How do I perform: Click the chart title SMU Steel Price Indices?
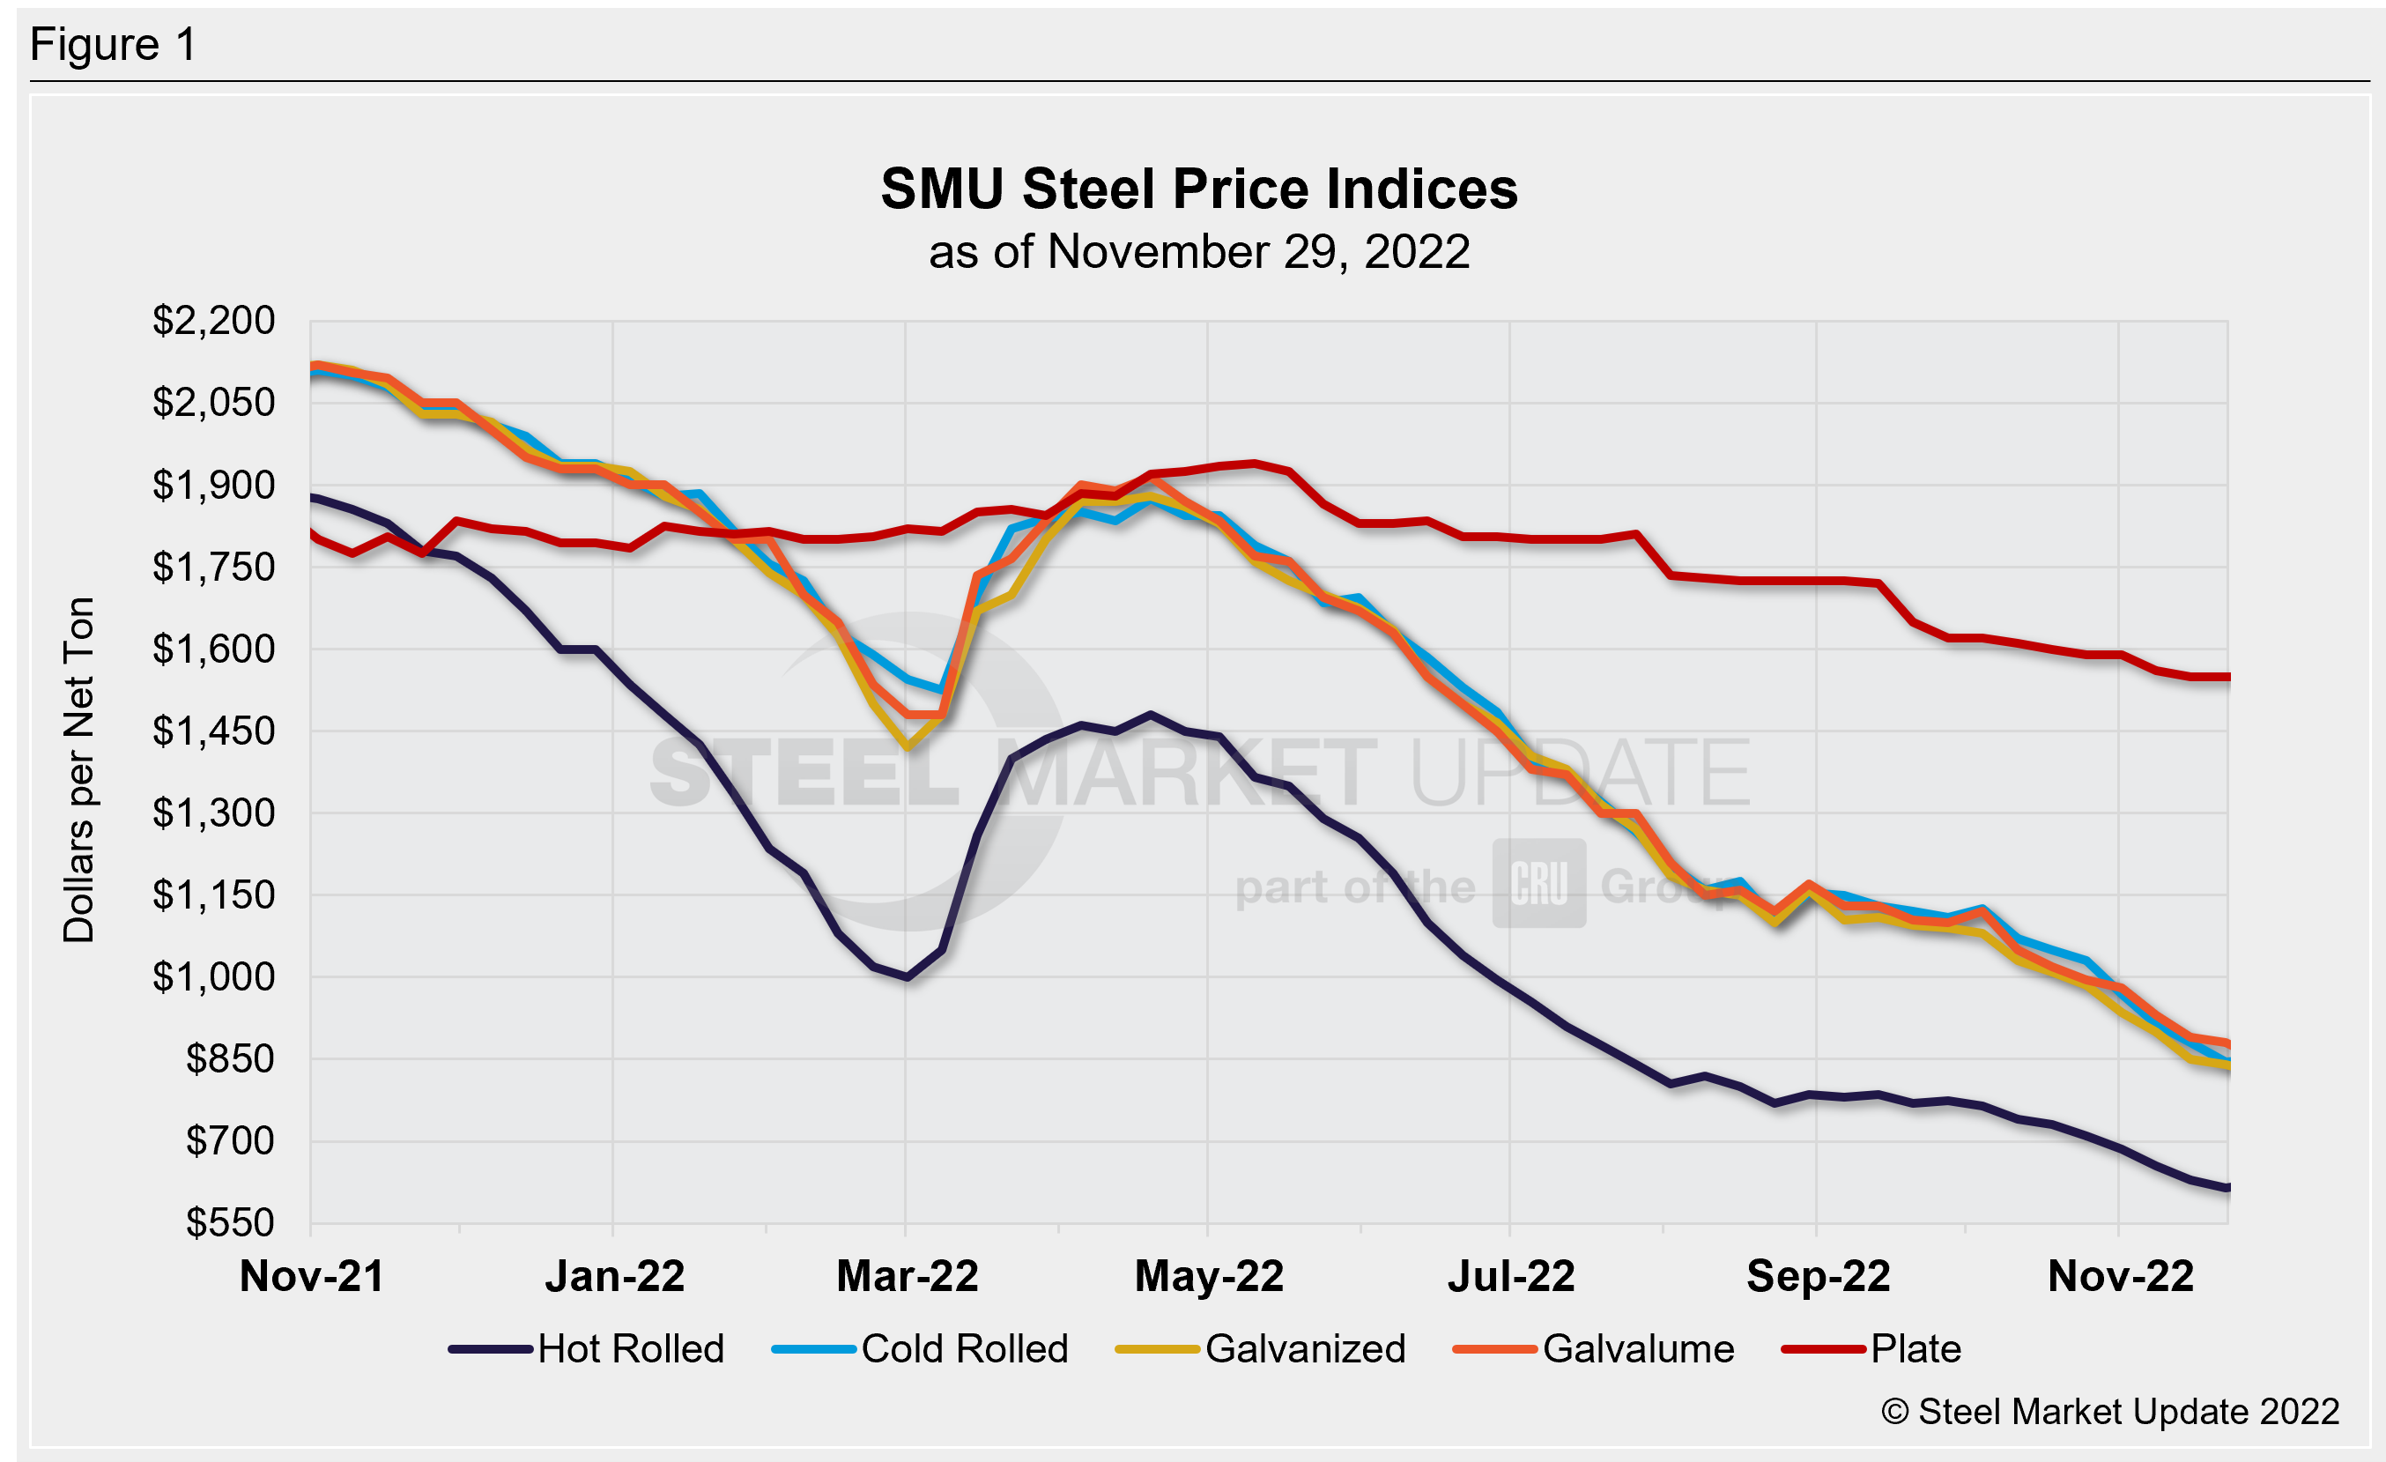1199,189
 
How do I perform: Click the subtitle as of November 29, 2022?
1199,252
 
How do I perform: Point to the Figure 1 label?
114,45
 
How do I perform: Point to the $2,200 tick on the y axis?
214,321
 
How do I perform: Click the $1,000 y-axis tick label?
214,977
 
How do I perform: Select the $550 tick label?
231,1223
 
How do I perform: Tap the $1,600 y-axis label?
214,649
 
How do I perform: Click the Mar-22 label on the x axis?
908,1276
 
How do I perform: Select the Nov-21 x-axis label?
312,1276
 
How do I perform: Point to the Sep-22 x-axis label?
1818,1276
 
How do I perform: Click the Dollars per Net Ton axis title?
79,769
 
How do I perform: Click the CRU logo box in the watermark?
1538,883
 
